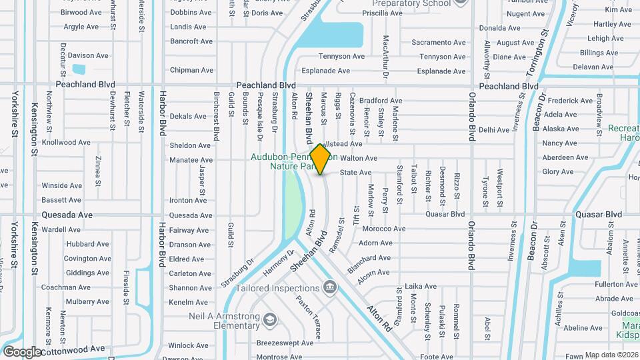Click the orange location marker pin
[321, 159]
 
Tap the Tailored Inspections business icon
[329, 287]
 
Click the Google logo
[22, 352]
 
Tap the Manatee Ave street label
[191, 160]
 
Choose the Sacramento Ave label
[438, 43]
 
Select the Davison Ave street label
[88, 56]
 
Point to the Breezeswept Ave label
[285, 343]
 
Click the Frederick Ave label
[571, 101]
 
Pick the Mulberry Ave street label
[87, 302]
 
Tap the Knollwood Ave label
[66, 143]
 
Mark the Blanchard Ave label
[374, 258]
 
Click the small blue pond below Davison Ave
[79, 69]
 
